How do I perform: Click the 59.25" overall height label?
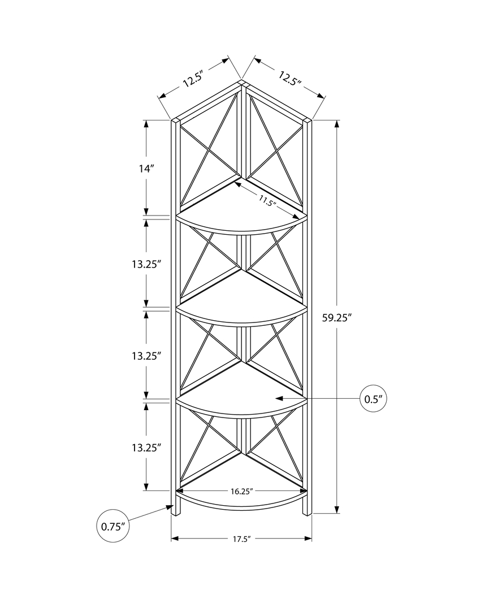pos(337,317)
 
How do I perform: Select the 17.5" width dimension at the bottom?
pos(241,539)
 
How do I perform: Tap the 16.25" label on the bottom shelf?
pos(241,492)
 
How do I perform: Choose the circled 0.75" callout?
pos(112,526)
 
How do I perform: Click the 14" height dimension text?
pos(146,168)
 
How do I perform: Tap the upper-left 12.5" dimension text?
pos(193,79)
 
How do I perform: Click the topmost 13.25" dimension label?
pos(146,263)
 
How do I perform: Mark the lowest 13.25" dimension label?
pos(146,447)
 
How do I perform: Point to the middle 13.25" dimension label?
pos(146,355)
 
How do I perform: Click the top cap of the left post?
pos(175,120)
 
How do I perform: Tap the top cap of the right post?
pos(308,120)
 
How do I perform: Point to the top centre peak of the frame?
pos(242,83)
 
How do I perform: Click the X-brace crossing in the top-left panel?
pos(210,150)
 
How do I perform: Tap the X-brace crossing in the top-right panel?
pos(274,150)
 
